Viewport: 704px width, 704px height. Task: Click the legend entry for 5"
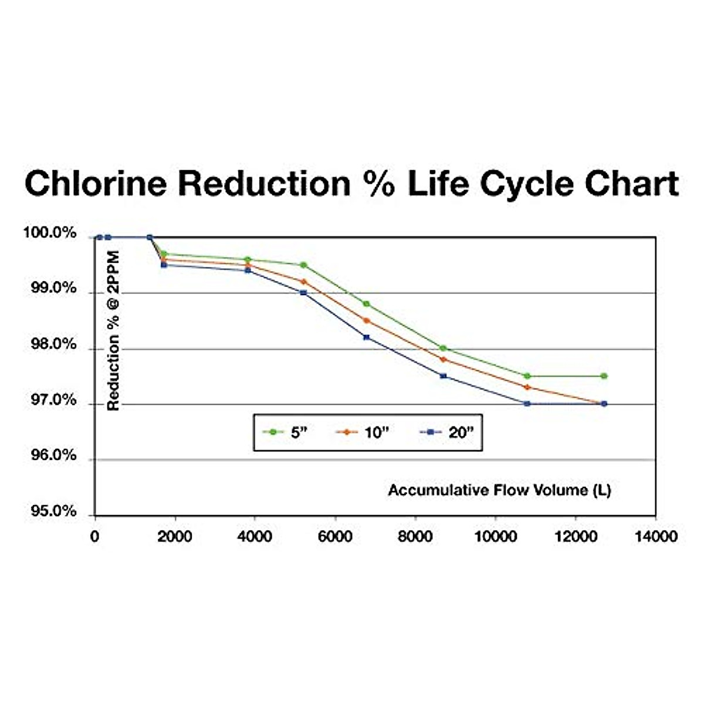(285, 432)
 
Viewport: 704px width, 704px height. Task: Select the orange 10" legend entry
(363, 432)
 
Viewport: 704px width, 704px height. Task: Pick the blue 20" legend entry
(448, 432)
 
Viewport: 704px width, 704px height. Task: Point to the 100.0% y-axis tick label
(50, 233)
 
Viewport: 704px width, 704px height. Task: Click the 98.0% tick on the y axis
(53, 344)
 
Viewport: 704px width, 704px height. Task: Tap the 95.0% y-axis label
(53, 512)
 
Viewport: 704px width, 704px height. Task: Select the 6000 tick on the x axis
(335, 536)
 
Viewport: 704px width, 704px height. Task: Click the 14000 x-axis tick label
(655, 536)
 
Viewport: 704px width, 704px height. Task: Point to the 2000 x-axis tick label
(175, 536)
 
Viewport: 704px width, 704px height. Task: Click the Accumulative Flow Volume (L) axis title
(499, 490)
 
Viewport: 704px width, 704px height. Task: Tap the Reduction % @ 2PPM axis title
(113, 331)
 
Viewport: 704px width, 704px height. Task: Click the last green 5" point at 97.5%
(604, 376)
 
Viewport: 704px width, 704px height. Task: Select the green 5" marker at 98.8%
(367, 304)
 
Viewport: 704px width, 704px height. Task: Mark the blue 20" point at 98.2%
(367, 337)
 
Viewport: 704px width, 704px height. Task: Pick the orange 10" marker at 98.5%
(367, 321)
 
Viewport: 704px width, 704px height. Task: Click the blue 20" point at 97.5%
(443, 376)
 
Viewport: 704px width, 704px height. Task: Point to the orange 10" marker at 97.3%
(527, 387)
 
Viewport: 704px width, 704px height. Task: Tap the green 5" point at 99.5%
(303, 265)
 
